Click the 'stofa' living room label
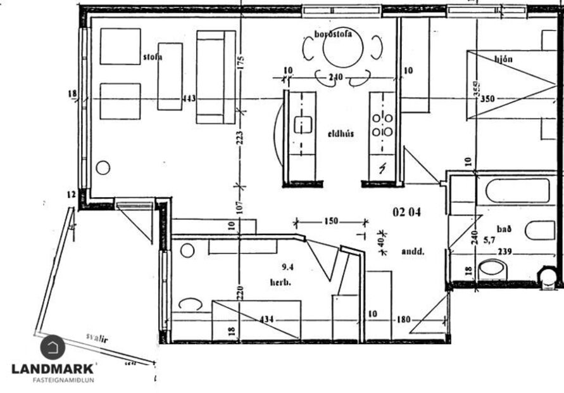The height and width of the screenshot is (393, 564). (153, 56)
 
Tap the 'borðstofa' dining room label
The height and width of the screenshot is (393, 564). (333, 34)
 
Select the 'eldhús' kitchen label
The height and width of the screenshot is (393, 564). (340, 134)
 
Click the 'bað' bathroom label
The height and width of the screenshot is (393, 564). (486, 229)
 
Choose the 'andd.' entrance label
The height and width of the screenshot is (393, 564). (413, 252)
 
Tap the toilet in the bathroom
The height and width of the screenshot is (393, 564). (493, 270)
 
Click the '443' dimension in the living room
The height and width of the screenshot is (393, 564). (189, 99)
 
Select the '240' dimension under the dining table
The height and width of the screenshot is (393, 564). (335, 78)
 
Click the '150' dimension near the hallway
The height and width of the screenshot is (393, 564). (330, 222)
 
